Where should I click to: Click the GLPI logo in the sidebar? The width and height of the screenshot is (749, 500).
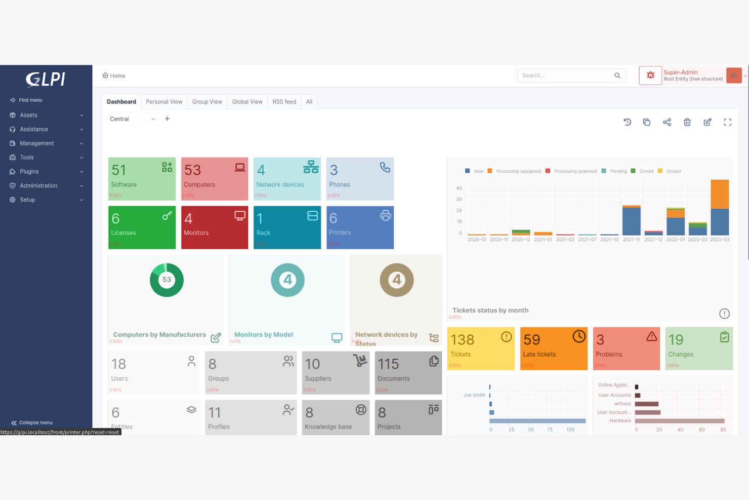(x=46, y=79)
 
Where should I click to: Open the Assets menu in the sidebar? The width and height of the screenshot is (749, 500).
(x=29, y=115)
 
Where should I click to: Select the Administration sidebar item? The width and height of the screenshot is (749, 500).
(x=38, y=186)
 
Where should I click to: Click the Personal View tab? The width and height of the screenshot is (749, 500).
(x=164, y=102)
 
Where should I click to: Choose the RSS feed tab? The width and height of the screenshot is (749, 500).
(x=284, y=102)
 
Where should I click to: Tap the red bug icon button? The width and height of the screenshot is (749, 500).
(x=650, y=75)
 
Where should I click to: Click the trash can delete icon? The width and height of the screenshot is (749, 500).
(x=687, y=122)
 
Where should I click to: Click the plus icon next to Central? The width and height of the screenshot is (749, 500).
(x=168, y=119)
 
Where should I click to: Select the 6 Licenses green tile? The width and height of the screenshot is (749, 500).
(x=142, y=227)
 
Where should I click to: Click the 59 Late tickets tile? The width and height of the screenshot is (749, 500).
(x=553, y=348)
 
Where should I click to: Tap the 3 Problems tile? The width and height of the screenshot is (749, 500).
(x=626, y=348)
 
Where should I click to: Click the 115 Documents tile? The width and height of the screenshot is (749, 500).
(x=408, y=372)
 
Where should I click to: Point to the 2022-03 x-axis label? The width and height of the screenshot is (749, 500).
(x=719, y=240)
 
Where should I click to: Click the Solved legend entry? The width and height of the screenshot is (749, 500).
(x=646, y=171)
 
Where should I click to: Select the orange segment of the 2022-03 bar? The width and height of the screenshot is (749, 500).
(x=720, y=195)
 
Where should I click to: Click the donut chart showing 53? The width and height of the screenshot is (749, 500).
(x=167, y=280)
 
